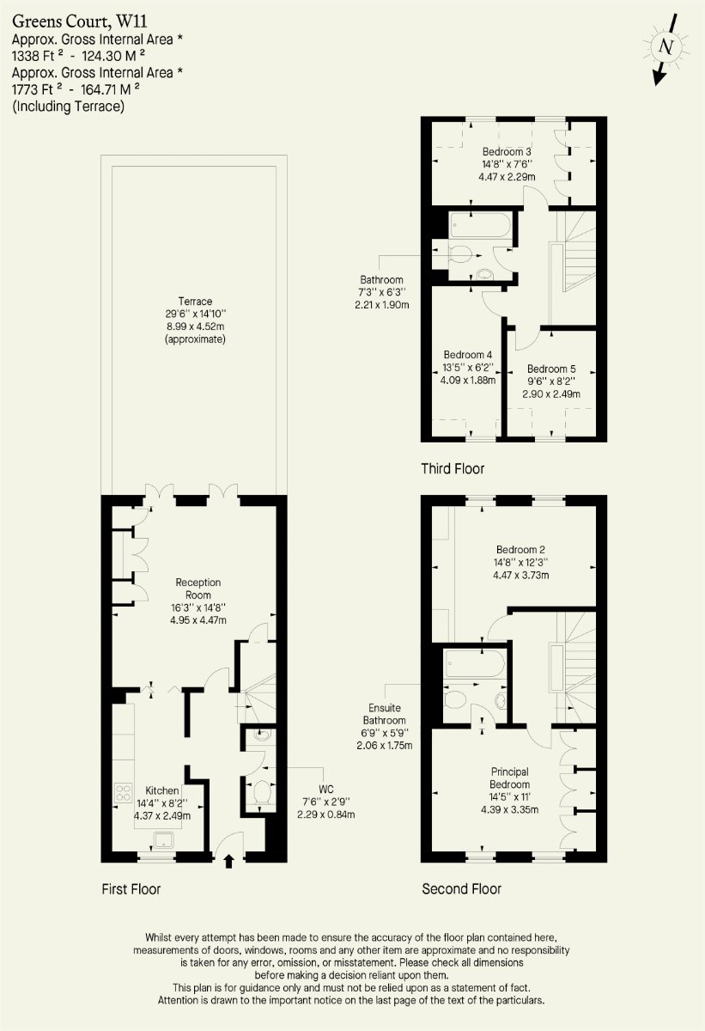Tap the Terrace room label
(x=195, y=302)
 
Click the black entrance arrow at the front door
(x=228, y=861)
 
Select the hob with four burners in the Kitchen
(x=124, y=792)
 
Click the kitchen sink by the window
(x=163, y=840)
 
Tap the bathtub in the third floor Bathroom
(x=481, y=224)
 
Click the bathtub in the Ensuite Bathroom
(x=475, y=663)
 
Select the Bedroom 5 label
(x=551, y=369)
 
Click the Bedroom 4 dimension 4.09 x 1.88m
(x=468, y=380)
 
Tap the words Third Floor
(x=453, y=468)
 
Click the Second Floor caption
(x=461, y=888)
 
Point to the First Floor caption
(x=131, y=888)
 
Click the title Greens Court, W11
(x=80, y=21)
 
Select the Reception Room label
(x=198, y=589)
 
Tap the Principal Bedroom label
(x=509, y=778)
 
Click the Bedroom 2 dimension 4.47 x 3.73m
(x=521, y=575)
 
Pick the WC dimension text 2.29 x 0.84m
(x=326, y=814)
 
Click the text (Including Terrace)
(x=68, y=107)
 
